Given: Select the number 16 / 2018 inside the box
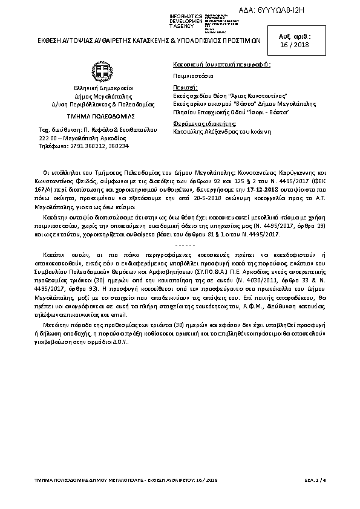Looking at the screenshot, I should (322, 45).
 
